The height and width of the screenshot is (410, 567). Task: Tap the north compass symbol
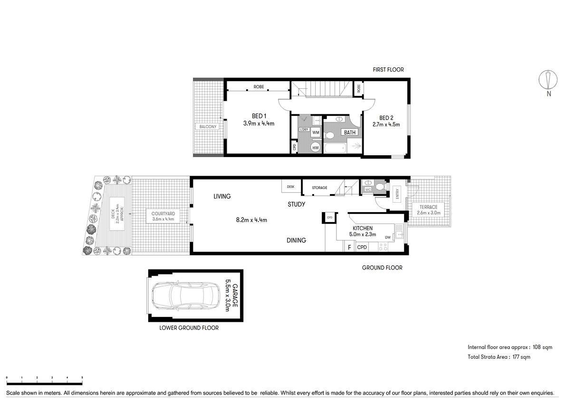[x=548, y=80]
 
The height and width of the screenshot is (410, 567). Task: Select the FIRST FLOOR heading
[x=388, y=70]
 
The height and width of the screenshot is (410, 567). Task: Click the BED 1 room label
[x=259, y=115]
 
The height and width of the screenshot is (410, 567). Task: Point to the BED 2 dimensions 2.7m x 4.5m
[x=386, y=125]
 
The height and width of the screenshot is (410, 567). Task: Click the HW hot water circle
[x=315, y=148]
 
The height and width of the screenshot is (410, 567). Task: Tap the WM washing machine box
[x=316, y=133]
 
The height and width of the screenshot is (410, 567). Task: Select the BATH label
[x=350, y=132]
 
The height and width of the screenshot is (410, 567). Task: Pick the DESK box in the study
[x=290, y=187]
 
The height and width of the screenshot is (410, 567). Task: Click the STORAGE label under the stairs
[x=319, y=188]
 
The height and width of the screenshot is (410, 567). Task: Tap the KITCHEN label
[x=363, y=228]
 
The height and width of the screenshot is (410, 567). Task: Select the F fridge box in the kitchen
[x=349, y=247]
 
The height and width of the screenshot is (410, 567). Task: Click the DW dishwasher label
[x=388, y=237]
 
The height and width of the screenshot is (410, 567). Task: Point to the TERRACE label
[x=428, y=207]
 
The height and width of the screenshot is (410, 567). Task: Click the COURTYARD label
[x=163, y=214]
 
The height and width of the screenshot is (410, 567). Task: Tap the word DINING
[x=296, y=240]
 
